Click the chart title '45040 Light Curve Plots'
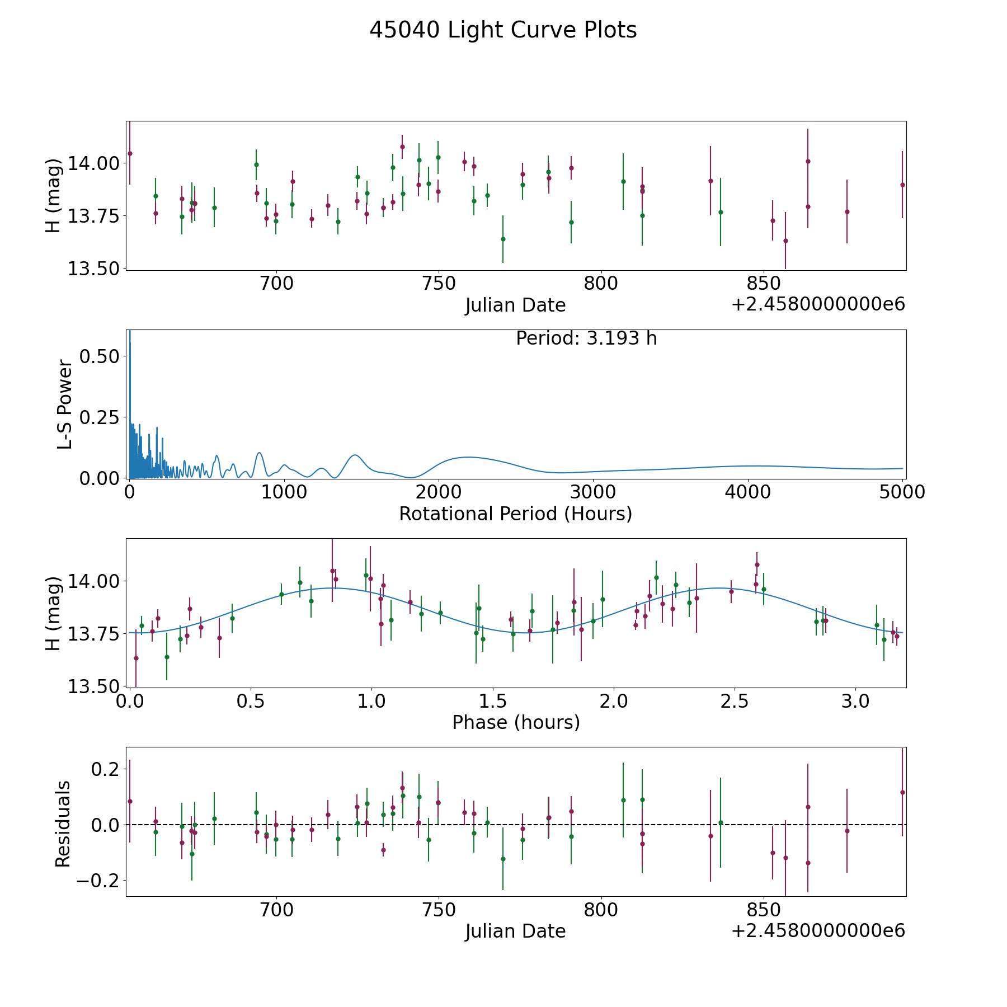pos(503,30)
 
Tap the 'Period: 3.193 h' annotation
pos(586,338)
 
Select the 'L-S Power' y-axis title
pos(65,404)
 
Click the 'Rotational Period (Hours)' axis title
pos(515,514)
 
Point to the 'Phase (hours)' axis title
pos(515,722)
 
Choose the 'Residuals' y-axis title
pos(63,824)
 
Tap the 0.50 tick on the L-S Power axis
pos(99,356)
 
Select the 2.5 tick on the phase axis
pos(735,701)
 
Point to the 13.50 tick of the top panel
pos(93,269)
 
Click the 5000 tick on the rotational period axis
pos(902,492)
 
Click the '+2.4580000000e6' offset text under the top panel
pos(818,305)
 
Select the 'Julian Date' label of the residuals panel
pos(515,931)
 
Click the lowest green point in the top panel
pos(503,239)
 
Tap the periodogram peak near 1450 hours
pos(354,455)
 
